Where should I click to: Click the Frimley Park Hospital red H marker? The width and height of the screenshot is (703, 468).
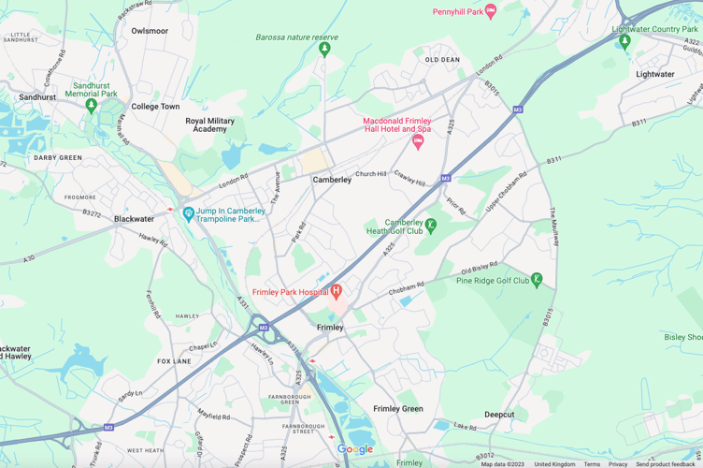coord(337,292)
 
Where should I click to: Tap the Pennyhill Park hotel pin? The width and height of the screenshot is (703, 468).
coord(491,11)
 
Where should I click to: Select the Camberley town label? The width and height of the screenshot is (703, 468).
coord(332,180)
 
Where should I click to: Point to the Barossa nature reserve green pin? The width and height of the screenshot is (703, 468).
coord(324,49)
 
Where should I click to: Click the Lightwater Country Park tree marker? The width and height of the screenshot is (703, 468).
coord(625,41)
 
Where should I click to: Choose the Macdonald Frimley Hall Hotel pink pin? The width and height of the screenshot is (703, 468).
coord(418,142)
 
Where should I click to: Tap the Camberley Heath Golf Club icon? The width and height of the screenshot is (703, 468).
coord(430,225)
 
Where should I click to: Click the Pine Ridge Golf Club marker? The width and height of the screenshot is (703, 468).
coord(537,280)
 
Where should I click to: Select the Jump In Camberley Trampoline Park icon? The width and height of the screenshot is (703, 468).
coord(189,214)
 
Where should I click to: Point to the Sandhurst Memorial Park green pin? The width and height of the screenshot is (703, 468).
coord(92,106)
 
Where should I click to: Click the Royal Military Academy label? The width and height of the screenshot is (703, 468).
coord(210,124)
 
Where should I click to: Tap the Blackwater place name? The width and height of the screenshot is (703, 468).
coord(134,219)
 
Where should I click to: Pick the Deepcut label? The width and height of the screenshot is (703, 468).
coord(499,414)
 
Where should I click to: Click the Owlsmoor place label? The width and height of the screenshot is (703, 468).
coord(150,31)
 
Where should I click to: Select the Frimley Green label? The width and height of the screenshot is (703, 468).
coord(398,409)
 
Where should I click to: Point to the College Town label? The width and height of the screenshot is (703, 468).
coord(155,107)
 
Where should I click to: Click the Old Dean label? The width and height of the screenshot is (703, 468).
coord(442,60)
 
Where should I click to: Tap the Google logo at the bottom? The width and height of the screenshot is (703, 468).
coord(355,450)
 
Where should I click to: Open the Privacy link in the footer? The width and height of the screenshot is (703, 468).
coord(618,464)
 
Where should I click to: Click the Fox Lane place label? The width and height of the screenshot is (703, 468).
coord(174,361)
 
